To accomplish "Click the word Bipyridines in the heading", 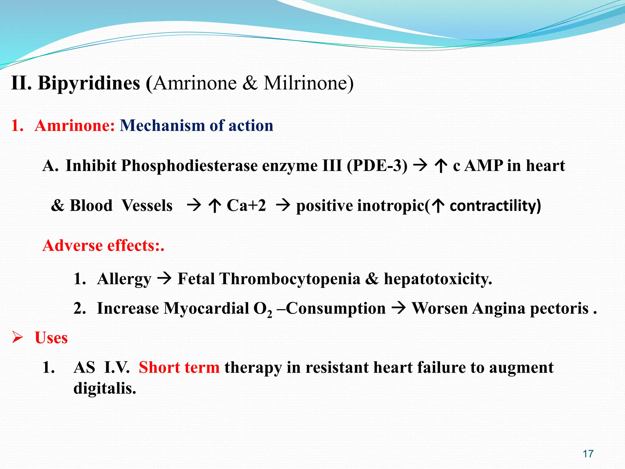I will click(x=89, y=83).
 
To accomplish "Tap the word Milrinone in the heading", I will click(x=308, y=83).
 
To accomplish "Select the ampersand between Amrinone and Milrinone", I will click(x=250, y=83).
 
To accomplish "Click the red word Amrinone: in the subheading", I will click(x=75, y=125).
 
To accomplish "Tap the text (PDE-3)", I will click(x=377, y=166).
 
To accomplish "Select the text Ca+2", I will click(x=246, y=205).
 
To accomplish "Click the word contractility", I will click(x=493, y=205).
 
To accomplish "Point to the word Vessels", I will click(x=147, y=205).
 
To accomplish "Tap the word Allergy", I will click(x=124, y=279).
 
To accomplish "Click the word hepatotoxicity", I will click(x=438, y=279).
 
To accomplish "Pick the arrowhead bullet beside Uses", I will click(x=17, y=338).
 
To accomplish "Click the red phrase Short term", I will click(x=179, y=367).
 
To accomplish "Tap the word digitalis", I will click(x=104, y=388).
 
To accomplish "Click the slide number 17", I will click(x=588, y=454).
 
